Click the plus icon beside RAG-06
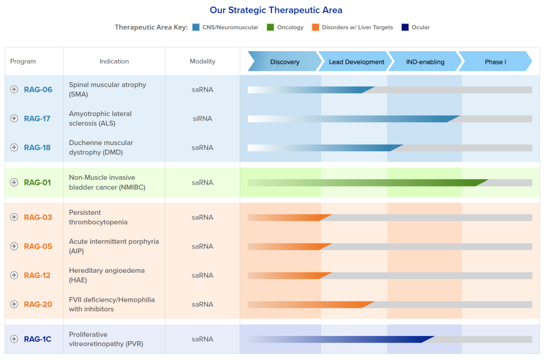(x=14, y=89)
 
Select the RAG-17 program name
(x=37, y=119)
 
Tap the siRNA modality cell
(x=202, y=119)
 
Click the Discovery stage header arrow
(x=284, y=62)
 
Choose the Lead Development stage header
(x=356, y=62)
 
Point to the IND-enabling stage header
(x=425, y=62)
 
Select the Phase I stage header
(x=495, y=62)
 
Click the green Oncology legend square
(x=270, y=27)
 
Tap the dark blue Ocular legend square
(x=405, y=27)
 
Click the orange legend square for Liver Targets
(x=316, y=27)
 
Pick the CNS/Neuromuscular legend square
(x=196, y=27)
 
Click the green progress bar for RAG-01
(x=366, y=183)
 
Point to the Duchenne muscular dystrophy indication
(x=101, y=147)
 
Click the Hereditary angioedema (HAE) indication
(x=107, y=275)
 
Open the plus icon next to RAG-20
(x=14, y=304)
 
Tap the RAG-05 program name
(x=38, y=246)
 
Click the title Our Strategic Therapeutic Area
(x=276, y=10)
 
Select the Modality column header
(x=202, y=61)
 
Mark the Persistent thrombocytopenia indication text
(x=98, y=217)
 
